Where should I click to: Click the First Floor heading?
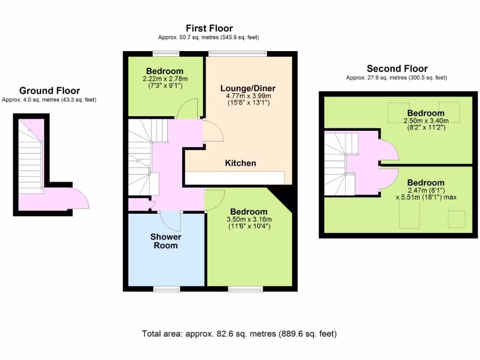click(209, 29)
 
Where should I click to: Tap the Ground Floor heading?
click(49, 91)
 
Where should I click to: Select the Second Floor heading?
click(397, 69)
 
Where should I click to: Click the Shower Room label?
click(165, 241)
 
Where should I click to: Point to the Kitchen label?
click(240, 163)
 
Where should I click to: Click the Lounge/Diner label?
click(247, 88)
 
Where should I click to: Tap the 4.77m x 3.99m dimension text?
click(248, 96)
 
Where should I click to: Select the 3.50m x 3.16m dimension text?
click(249, 219)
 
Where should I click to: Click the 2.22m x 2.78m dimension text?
click(164, 79)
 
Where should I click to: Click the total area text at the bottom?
click(240, 334)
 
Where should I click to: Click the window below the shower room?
click(166, 289)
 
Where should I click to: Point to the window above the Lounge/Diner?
click(238, 53)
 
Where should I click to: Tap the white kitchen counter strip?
click(234, 178)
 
